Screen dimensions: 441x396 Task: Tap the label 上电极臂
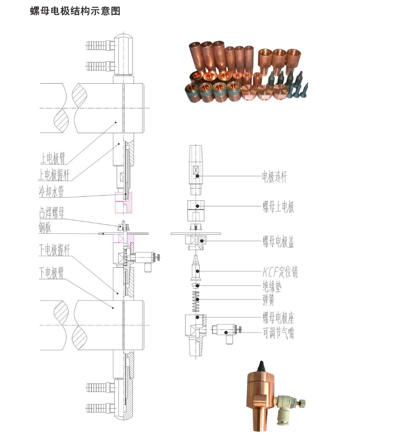pyautogui.click(x=53, y=158)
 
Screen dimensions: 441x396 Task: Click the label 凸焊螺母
pyautogui.click(x=51, y=212)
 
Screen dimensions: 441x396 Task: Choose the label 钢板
pyautogui.click(x=46, y=228)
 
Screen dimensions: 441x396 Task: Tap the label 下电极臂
pyautogui.click(x=51, y=273)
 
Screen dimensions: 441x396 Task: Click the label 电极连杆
pyautogui.click(x=275, y=177)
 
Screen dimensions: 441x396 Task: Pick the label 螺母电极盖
pyautogui.click(x=278, y=242)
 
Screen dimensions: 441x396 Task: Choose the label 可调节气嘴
pyautogui.click(x=278, y=334)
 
